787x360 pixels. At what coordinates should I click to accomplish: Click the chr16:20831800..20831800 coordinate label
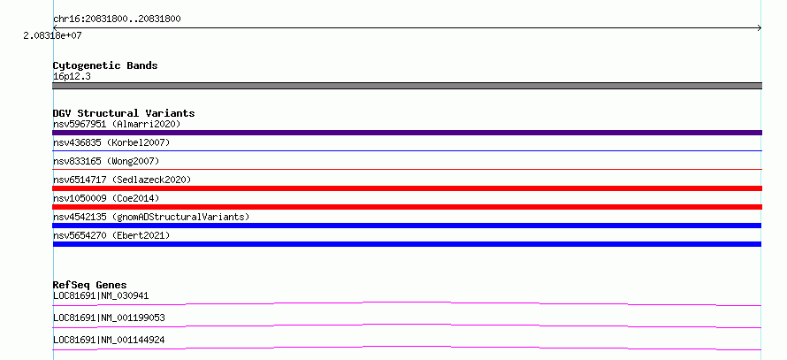[x=117, y=19]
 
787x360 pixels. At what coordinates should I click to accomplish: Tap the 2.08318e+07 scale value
[x=52, y=36]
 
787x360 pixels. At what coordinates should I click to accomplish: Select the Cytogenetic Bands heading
[x=105, y=65]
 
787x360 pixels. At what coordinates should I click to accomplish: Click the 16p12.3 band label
[x=72, y=77]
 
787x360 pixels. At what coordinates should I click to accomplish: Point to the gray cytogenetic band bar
[x=407, y=86]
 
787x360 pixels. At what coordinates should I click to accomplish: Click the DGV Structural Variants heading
[x=124, y=113]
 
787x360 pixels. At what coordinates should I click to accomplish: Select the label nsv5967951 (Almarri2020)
[x=117, y=124]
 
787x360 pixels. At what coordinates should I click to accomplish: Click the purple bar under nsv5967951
[x=407, y=133]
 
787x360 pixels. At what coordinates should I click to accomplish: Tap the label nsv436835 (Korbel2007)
[x=111, y=142]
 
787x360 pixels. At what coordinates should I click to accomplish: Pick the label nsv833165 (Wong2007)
[x=106, y=161]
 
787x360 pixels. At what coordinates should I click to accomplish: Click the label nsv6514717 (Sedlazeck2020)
[x=122, y=180]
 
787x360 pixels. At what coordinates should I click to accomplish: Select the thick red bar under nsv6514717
[x=407, y=188]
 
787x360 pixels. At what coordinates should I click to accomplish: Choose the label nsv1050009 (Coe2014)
[x=106, y=198]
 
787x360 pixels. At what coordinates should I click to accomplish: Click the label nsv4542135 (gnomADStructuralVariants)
[x=151, y=217]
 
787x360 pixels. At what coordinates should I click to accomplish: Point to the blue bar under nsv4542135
[x=407, y=226]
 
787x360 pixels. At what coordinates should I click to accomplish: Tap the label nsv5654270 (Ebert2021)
[x=111, y=235]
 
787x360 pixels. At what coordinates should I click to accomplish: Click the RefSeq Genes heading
[x=90, y=285]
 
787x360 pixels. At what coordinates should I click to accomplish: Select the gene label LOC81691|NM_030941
[x=101, y=295]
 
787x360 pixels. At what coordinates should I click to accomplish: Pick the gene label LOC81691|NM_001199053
[x=109, y=318]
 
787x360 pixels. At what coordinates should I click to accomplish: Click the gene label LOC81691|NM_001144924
[x=109, y=341]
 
